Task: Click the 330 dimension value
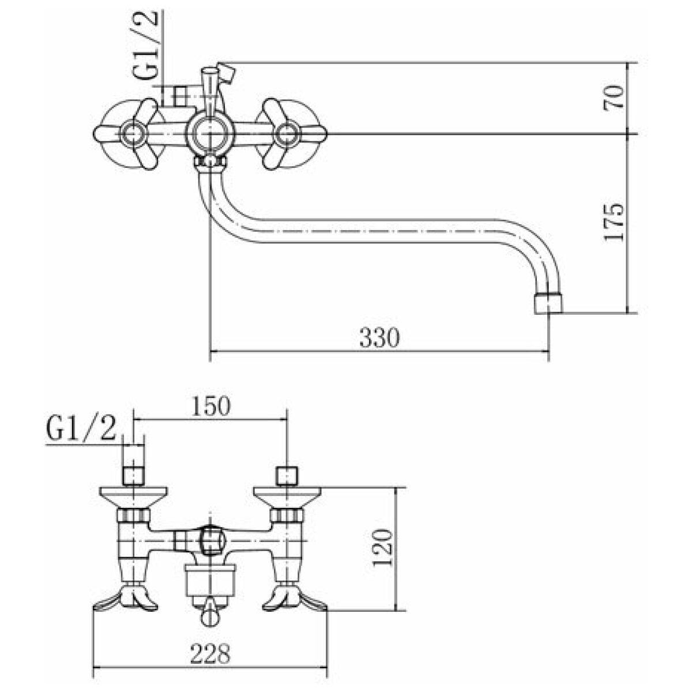tap(379, 337)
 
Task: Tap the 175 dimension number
tap(614, 223)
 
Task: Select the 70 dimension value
tap(614, 97)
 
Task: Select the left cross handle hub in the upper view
tap(134, 134)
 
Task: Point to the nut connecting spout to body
tap(210, 162)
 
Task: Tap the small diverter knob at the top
tap(227, 73)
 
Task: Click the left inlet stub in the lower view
tap(134, 476)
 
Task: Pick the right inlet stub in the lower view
tap(287, 476)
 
